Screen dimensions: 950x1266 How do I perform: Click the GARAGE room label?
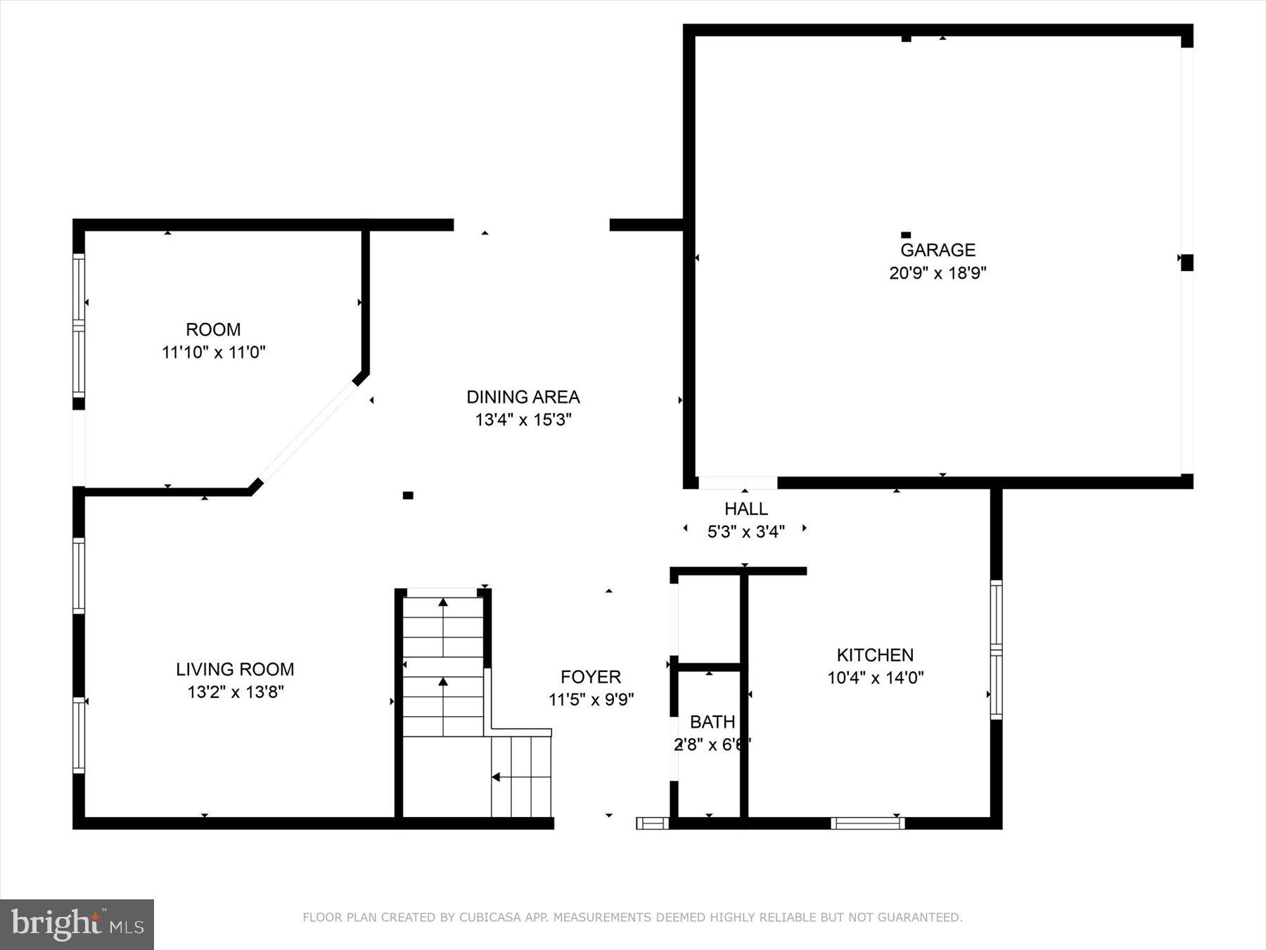tap(938, 250)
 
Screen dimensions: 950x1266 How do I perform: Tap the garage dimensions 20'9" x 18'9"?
tap(938, 273)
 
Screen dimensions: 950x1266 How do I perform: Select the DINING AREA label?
tap(523, 397)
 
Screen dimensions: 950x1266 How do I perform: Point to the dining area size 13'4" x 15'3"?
tap(523, 420)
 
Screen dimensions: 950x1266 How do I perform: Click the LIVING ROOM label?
tap(235, 669)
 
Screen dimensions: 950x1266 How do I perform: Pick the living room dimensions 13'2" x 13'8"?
tap(235, 692)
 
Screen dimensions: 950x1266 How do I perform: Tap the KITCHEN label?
tap(875, 655)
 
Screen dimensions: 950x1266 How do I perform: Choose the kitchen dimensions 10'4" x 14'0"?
tap(875, 678)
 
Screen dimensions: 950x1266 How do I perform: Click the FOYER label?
tap(591, 677)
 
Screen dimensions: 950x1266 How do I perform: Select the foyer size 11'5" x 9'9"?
tap(591, 699)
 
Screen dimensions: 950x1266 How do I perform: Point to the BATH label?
tap(712, 722)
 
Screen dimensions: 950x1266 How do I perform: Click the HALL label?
tap(746, 509)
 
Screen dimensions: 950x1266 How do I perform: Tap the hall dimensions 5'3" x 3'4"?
tap(746, 531)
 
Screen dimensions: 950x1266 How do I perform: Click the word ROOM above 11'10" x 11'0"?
tap(213, 329)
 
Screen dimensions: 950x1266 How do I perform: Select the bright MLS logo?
tap(77, 924)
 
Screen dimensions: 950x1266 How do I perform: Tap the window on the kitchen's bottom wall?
tap(867, 823)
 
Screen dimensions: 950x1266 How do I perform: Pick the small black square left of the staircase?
tap(408, 495)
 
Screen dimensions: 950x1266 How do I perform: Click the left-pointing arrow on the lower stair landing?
tap(495, 777)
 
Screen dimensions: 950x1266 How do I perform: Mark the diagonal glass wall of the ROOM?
tap(307, 431)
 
